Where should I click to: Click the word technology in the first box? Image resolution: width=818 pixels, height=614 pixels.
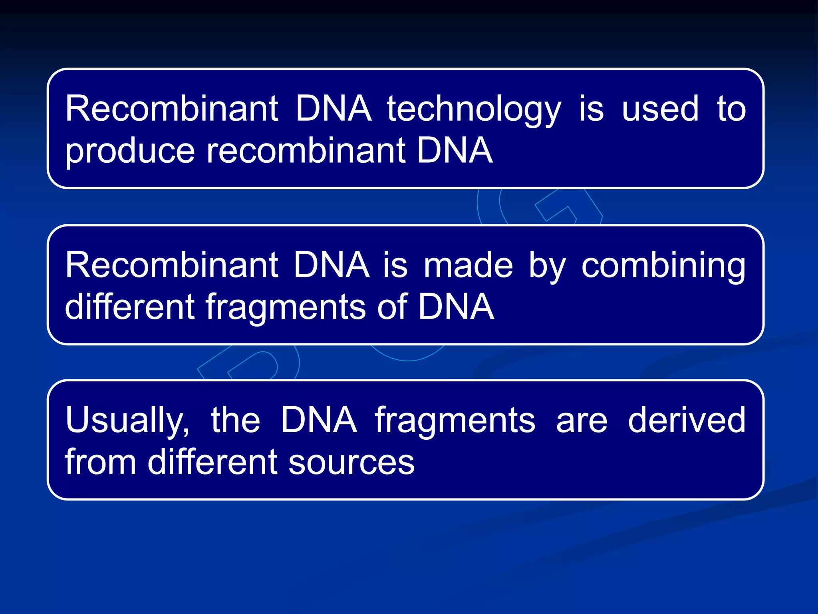[x=474, y=110]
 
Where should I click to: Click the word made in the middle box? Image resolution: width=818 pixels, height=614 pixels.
[x=468, y=265]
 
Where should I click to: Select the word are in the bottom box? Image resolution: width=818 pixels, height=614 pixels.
[x=582, y=421]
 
